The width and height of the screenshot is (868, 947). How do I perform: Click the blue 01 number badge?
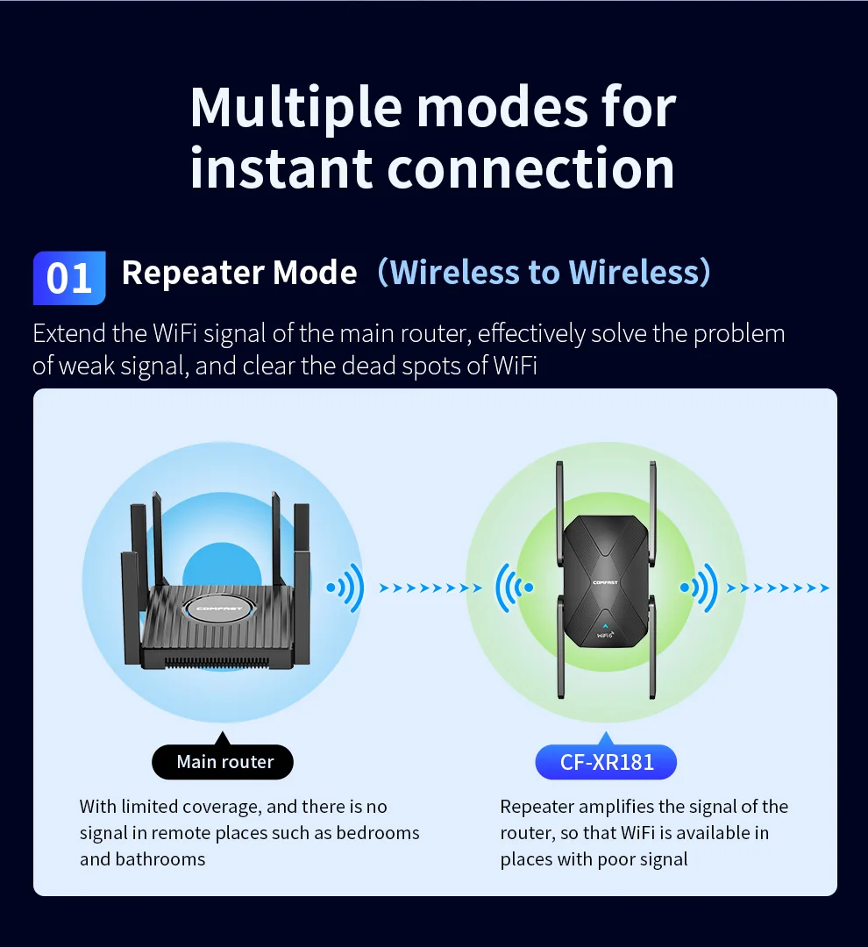(x=69, y=278)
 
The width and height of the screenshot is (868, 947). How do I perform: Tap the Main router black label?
(x=224, y=762)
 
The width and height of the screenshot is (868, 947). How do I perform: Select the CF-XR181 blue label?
(x=607, y=762)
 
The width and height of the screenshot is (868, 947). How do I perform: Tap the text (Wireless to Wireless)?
(x=544, y=273)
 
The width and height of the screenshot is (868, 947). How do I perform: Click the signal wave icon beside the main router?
(x=345, y=587)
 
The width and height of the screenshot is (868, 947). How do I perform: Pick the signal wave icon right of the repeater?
(x=699, y=587)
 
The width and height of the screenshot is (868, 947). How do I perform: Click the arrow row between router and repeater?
(x=430, y=588)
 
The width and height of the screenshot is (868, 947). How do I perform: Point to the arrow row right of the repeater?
(x=778, y=588)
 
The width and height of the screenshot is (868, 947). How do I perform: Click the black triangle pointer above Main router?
(x=223, y=738)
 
